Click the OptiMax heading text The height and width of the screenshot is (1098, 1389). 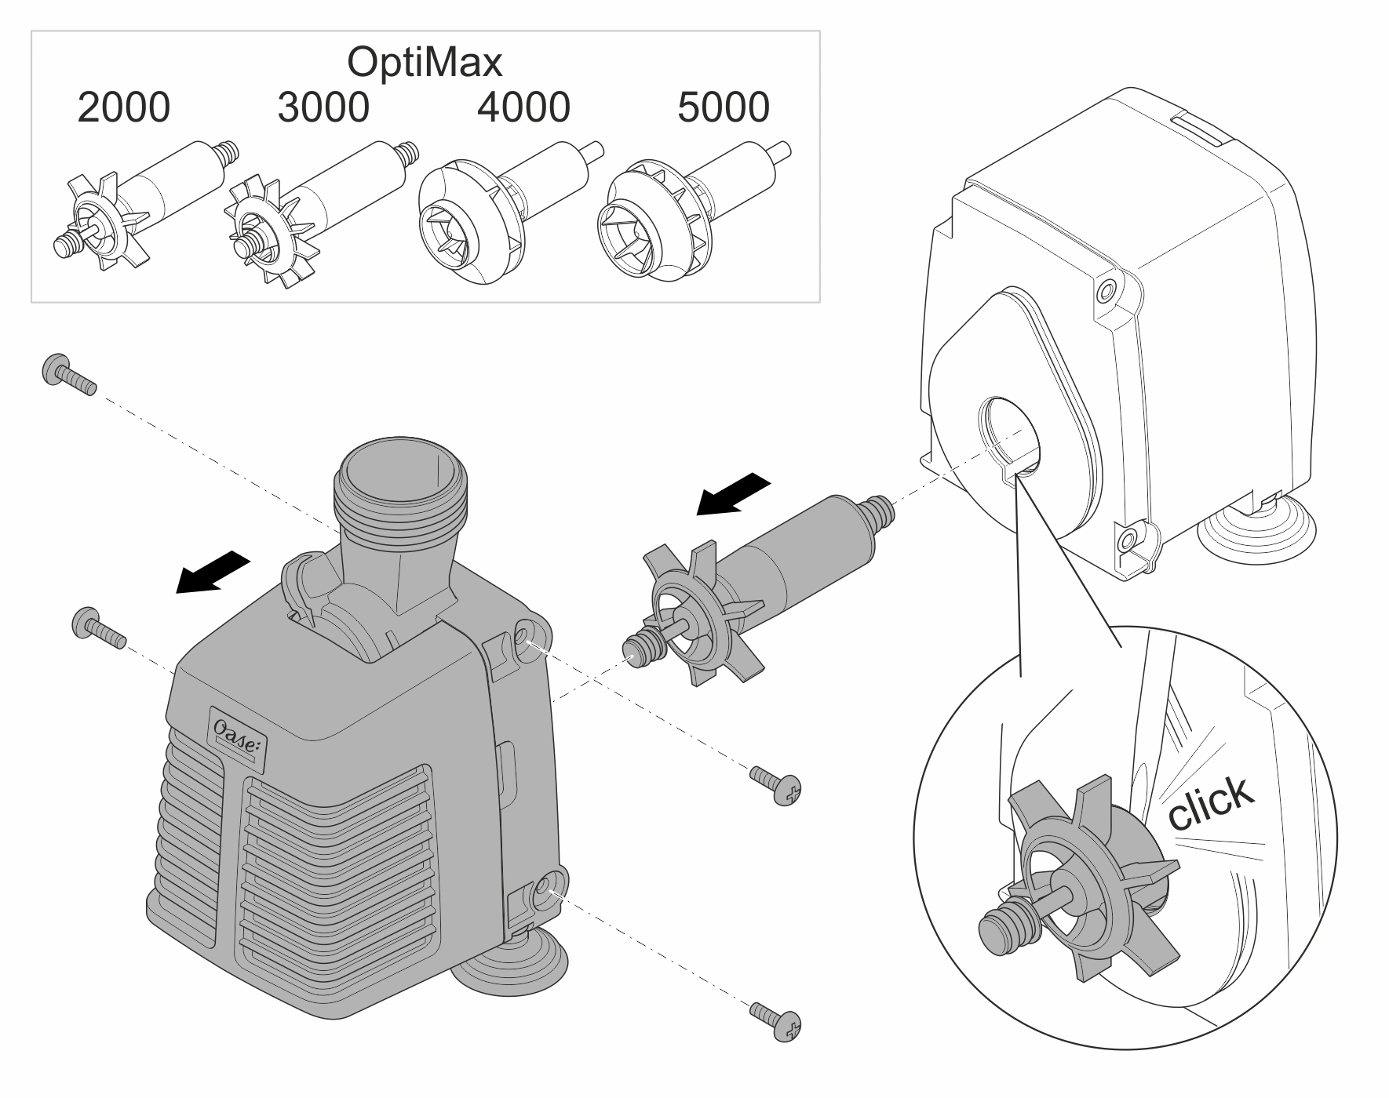tap(425, 63)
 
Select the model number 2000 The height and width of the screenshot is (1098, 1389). tap(123, 107)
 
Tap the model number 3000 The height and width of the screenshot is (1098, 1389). tap(323, 107)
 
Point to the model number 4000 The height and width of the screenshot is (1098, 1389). tap(523, 107)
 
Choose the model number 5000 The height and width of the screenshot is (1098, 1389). tap(724, 107)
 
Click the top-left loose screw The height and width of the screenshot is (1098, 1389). tap(68, 376)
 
